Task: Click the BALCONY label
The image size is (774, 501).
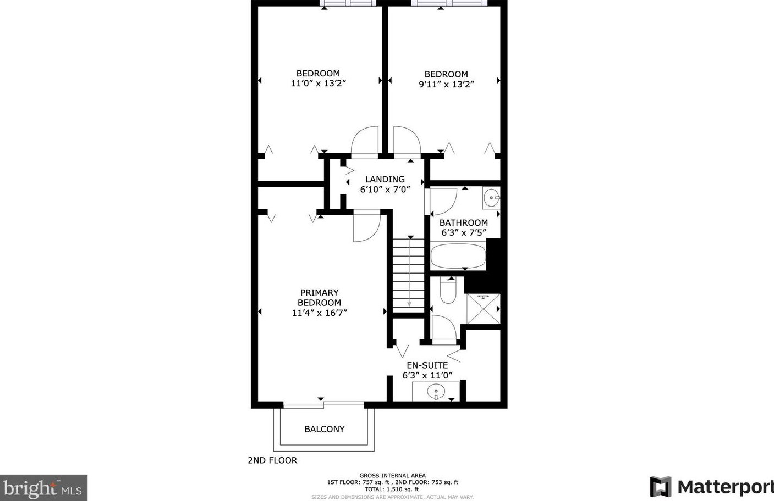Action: click(x=324, y=429)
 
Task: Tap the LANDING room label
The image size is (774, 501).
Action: click(x=385, y=179)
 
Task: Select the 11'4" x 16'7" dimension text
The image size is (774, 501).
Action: click(x=319, y=313)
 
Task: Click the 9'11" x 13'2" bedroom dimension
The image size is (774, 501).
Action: click(x=446, y=84)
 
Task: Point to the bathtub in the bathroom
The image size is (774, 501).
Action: click(x=458, y=256)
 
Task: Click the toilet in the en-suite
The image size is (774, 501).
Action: click(x=448, y=290)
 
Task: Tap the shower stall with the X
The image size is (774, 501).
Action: click(x=483, y=309)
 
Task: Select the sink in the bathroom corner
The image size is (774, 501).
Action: click(x=491, y=198)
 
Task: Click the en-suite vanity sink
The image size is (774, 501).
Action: click(x=436, y=392)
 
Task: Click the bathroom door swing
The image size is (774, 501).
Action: click(x=443, y=202)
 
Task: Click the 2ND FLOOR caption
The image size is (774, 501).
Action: click(x=272, y=460)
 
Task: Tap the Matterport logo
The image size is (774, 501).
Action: click(x=712, y=487)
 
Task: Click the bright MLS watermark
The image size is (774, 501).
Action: click(x=43, y=488)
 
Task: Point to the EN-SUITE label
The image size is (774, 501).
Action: click(x=427, y=365)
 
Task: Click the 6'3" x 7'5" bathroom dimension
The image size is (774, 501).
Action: click(x=464, y=232)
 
